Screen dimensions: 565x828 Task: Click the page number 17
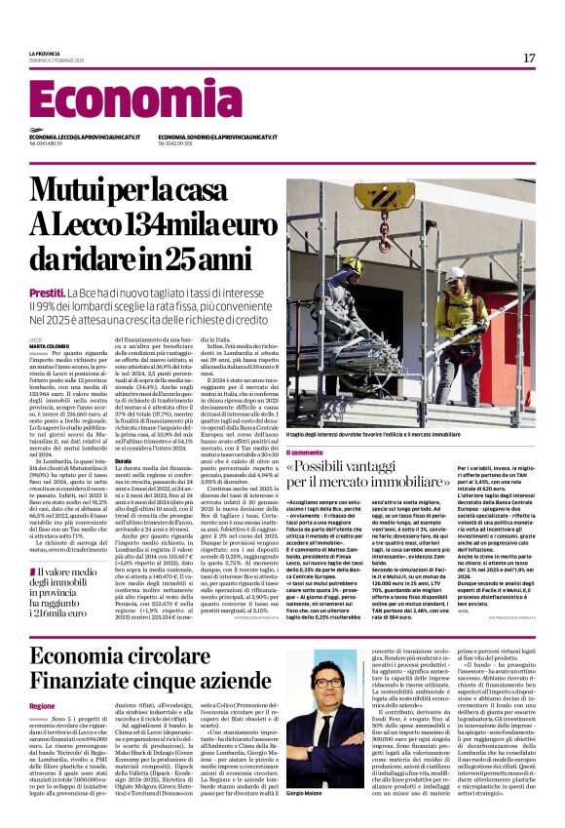529,59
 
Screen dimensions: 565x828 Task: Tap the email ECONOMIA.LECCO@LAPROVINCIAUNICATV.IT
83,138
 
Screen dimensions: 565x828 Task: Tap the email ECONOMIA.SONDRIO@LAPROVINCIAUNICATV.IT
215,138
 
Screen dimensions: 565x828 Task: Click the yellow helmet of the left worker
354,264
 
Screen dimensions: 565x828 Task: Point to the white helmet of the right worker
455,275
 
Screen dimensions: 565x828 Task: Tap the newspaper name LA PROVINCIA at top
44,53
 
